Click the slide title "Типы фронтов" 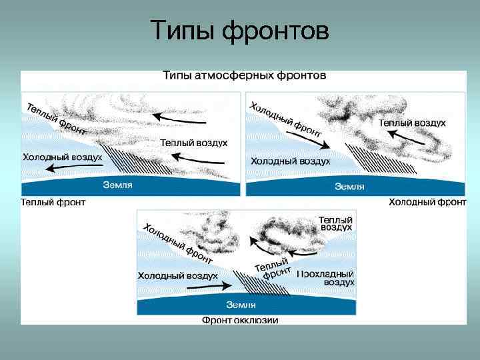coord(240,30)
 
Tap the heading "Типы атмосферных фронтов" coord(245,75)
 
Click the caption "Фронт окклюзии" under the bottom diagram coord(240,320)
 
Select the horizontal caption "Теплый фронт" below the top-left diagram coord(53,202)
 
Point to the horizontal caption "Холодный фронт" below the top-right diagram coord(427,201)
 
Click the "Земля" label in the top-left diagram coord(117,185)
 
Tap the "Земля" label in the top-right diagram coord(349,186)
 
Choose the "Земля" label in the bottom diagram coord(241,305)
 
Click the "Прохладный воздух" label coord(325,278)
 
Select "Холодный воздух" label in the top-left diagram coord(62,157)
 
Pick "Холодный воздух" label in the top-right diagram coord(291,161)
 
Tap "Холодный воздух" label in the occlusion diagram coord(177,275)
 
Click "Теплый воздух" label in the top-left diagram coord(194,143)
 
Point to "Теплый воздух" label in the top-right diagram coord(413,123)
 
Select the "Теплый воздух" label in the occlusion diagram coord(335,223)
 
